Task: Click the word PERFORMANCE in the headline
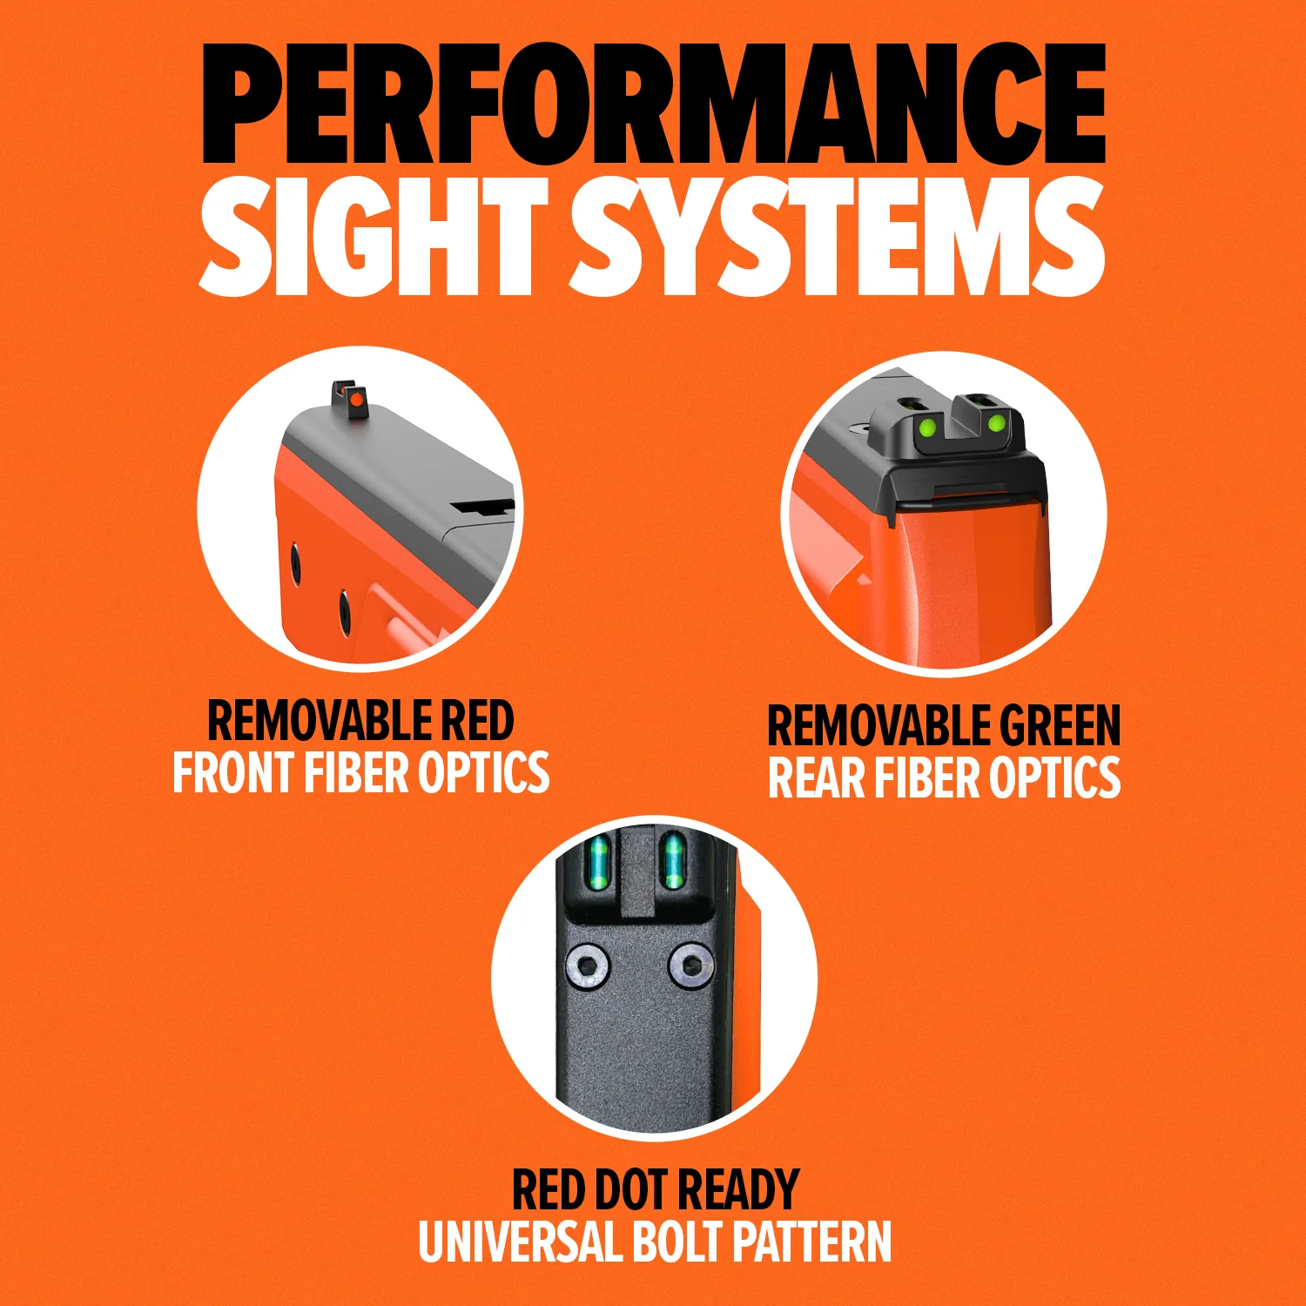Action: (x=654, y=103)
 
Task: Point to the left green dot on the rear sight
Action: (x=928, y=427)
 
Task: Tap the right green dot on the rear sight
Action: (x=997, y=424)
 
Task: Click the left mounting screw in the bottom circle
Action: (x=588, y=966)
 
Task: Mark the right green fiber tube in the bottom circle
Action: (x=670, y=861)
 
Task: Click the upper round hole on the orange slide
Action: (x=295, y=563)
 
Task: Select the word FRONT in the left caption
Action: (x=233, y=772)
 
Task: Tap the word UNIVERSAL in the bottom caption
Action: (x=520, y=1242)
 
